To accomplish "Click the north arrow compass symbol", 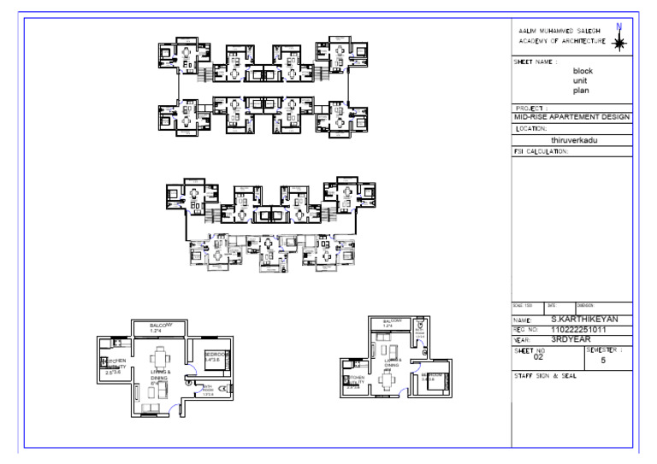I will tap(619, 38).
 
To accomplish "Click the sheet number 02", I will tap(538, 357).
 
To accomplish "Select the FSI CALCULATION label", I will tap(541, 150).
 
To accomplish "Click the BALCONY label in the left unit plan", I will tap(162, 326).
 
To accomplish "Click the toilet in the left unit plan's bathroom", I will tap(223, 390).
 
